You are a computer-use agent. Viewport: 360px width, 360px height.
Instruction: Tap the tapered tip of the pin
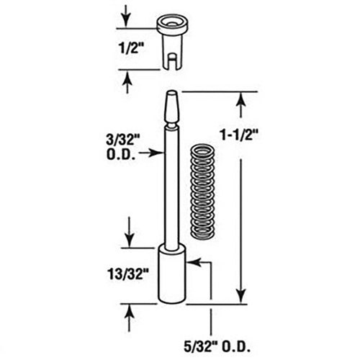click(171, 107)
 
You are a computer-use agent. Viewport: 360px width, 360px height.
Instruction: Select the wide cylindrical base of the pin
click(172, 275)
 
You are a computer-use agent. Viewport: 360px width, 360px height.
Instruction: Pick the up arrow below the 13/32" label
click(128, 310)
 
